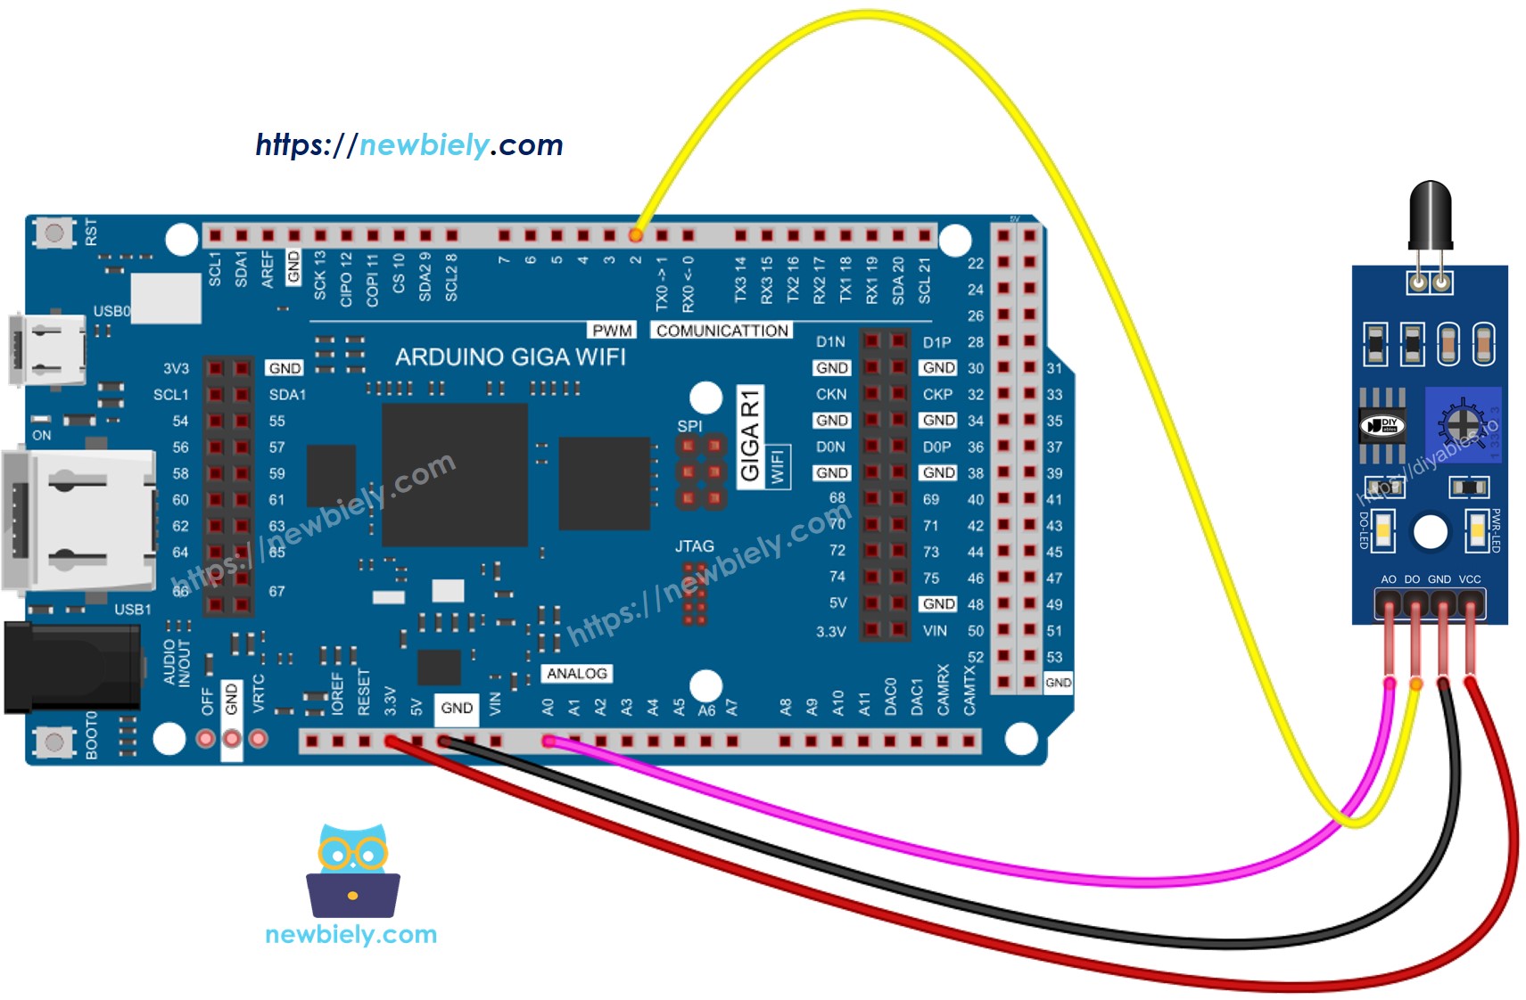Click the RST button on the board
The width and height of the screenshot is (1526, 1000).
click(x=54, y=234)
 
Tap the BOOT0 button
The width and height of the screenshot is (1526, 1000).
click(x=54, y=742)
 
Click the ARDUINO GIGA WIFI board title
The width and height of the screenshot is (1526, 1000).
click(x=510, y=357)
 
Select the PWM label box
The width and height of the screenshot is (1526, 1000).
click(x=612, y=331)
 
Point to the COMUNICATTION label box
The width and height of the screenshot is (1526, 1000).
click(x=722, y=331)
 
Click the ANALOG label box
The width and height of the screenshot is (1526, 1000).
click(x=576, y=674)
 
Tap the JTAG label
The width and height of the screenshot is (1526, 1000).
click(x=694, y=546)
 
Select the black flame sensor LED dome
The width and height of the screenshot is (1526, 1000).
click(x=1430, y=214)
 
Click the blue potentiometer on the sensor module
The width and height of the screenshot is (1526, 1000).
click(x=1462, y=424)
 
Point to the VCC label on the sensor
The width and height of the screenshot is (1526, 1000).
click(x=1470, y=579)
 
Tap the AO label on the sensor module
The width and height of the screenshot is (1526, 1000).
click(x=1389, y=579)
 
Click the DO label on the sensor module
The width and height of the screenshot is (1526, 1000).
click(x=1412, y=579)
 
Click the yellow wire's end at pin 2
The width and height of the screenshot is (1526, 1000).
click(x=635, y=235)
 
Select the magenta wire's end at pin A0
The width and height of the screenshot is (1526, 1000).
click(x=549, y=741)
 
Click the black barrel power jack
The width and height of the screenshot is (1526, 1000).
click(x=71, y=668)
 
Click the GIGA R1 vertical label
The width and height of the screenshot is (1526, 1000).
click(x=750, y=435)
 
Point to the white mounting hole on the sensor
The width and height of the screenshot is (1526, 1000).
click(x=1430, y=532)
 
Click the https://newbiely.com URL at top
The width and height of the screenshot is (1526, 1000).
click(x=408, y=145)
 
